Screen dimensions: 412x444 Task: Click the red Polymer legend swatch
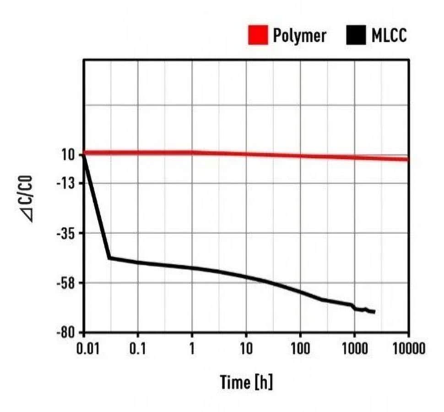(258, 35)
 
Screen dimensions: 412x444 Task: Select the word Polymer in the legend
(299, 35)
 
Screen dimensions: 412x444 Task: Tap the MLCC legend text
(389, 35)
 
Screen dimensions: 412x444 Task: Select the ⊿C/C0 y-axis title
(32, 200)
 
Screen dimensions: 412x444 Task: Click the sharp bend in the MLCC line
(109, 258)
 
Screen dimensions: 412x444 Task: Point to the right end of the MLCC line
(374, 312)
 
